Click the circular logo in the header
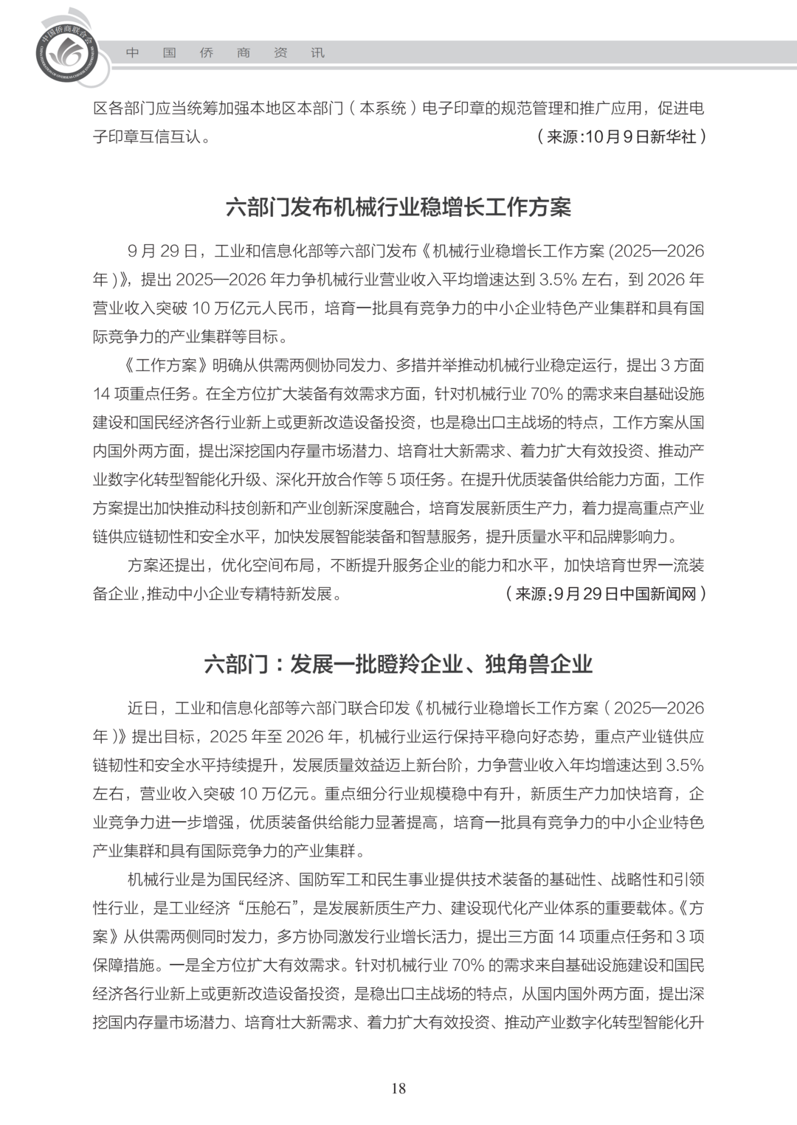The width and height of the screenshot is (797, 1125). [x=67, y=51]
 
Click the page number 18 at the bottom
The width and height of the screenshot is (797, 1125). [x=398, y=1088]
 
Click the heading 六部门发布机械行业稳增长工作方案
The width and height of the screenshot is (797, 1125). [x=398, y=207]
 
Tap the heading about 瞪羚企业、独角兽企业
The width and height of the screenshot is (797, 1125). [x=398, y=664]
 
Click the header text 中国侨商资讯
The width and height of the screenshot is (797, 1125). [x=225, y=53]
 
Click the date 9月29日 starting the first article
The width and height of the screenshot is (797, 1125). [x=162, y=252]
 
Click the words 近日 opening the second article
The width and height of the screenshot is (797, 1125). [x=142, y=708]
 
